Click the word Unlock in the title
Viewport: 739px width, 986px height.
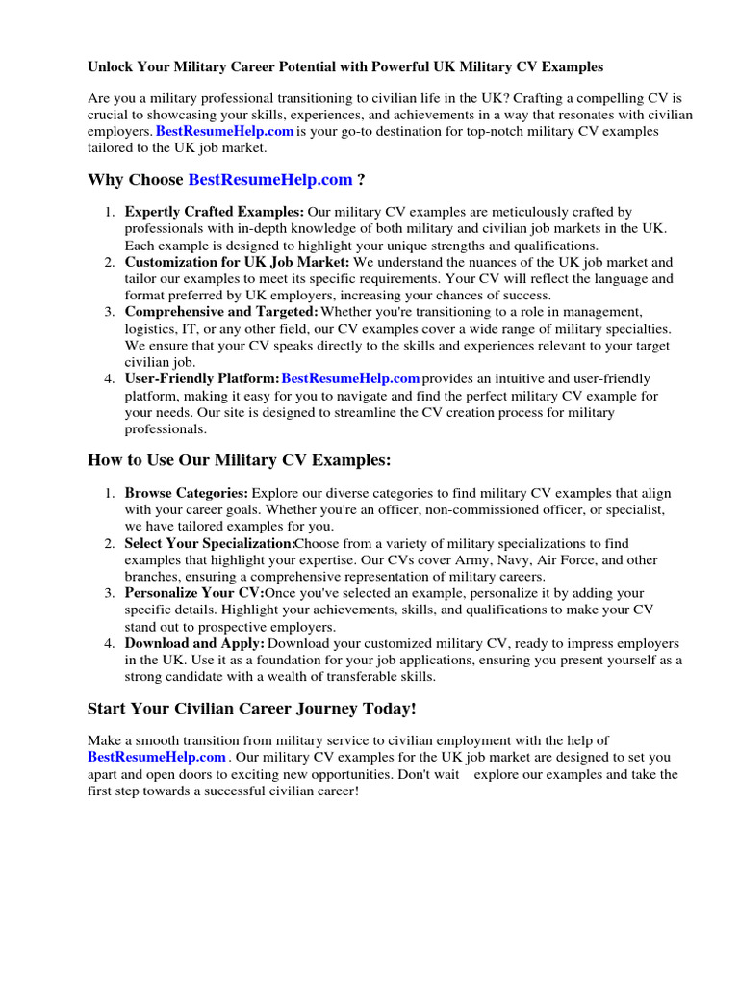pyautogui.click(x=111, y=67)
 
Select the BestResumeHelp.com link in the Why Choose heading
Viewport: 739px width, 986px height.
pyautogui.click(x=270, y=180)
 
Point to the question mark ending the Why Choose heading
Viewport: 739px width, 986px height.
pyautogui.click(x=361, y=180)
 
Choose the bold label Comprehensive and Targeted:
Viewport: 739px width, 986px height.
pyautogui.click(x=221, y=312)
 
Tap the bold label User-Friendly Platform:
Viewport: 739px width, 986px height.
pyautogui.click(x=202, y=378)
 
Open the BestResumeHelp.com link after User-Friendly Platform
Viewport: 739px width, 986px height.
pyautogui.click(x=350, y=378)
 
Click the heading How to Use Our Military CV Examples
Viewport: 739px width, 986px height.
pyautogui.click(x=240, y=460)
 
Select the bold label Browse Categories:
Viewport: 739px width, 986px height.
pyautogui.click(x=187, y=493)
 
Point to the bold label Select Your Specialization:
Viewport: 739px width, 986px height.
pyautogui.click(x=209, y=543)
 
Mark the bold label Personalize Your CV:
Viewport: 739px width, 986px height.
pyautogui.click(x=193, y=593)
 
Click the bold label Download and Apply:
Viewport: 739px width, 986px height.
pyautogui.click(x=194, y=643)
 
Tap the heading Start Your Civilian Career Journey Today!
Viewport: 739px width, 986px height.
pyautogui.click(x=252, y=709)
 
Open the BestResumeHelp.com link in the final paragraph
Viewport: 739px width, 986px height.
pyautogui.click(x=157, y=757)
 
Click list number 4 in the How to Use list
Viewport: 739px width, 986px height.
pyautogui.click(x=111, y=643)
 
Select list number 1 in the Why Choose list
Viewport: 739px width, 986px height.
pyautogui.click(x=111, y=212)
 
